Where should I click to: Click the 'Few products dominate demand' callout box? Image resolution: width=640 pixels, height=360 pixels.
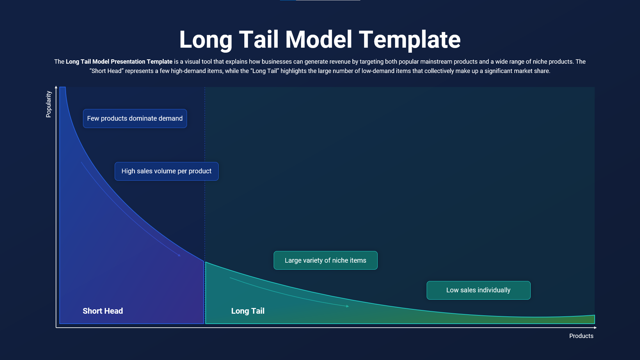pyautogui.click(x=135, y=118)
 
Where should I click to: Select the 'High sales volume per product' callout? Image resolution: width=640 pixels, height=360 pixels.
pyautogui.click(x=166, y=171)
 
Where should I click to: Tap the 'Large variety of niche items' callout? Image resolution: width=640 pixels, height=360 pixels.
pyautogui.click(x=325, y=260)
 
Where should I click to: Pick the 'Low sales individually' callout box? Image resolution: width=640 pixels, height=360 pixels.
pyautogui.click(x=478, y=290)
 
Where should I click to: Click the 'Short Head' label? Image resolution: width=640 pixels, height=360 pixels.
pyautogui.click(x=103, y=311)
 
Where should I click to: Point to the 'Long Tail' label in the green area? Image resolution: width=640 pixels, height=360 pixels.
pyautogui.click(x=248, y=311)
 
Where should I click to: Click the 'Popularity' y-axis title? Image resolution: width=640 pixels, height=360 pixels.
pyautogui.click(x=49, y=104)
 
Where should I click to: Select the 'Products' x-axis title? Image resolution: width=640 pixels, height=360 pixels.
pyautogui.click(x=581, y=336)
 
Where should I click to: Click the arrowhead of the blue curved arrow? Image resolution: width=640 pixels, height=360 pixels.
pyautogui.click(x=179, y=255)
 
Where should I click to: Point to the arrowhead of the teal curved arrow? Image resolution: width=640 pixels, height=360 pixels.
pyautogui.click(x=347, y=306)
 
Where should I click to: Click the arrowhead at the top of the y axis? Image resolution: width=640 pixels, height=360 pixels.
pyautogui.click(x=56, y=87)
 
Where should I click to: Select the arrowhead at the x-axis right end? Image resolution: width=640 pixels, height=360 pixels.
pyautogui.click(x=595, y=328)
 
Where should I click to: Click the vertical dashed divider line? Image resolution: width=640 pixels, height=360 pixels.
pyautogui.click(x=205, y=133)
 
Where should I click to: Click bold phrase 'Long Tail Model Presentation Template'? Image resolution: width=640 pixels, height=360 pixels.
pyautogui.click(x=119, y=62)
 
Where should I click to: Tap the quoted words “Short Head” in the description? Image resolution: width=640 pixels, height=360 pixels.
pyautogui.click(x=106, y=71)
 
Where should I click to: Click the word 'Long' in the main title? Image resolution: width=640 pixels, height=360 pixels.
pyautogui.click(x=205, y=40)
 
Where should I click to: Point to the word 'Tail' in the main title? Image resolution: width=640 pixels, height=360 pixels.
pyautogui.click(x=258, y=40)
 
